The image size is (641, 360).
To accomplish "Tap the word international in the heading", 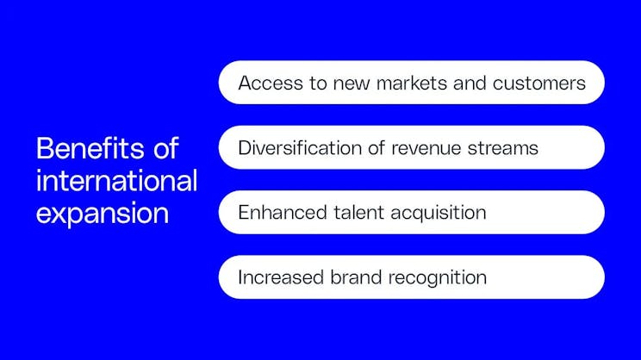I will pos(116,181).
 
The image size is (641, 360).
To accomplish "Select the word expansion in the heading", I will pos(102,213).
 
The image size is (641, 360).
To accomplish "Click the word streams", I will pos(505,147).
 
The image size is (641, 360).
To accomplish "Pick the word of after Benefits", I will pos(162,148).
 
